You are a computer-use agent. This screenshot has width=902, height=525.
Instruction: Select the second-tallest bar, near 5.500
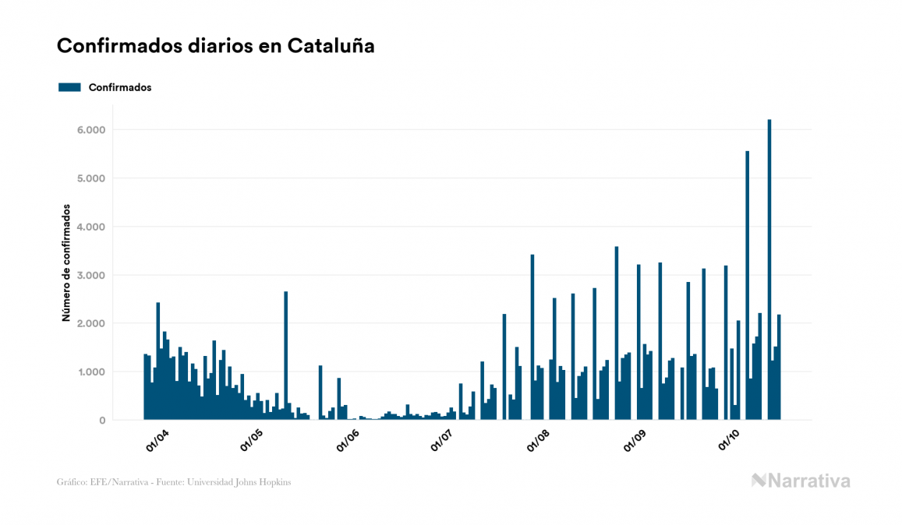point(748,285)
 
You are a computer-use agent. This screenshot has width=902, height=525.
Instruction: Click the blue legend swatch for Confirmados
point(69,87)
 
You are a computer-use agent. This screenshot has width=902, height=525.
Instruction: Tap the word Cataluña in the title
point(331,46)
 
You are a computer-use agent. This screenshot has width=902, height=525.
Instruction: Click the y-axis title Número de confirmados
point(67,263)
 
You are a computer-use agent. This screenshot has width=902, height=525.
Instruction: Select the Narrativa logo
point(801,481)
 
